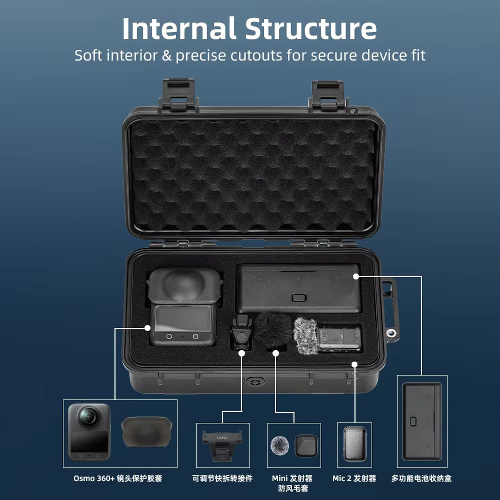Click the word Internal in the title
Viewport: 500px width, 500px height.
pos(179,28)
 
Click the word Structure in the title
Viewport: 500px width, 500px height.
pos(311,28)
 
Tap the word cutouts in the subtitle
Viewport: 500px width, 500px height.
pos(256,56)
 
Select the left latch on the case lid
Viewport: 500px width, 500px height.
pos(178,96)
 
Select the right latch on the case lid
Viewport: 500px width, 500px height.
pos(328,96)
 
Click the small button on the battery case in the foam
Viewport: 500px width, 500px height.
pos(299,298)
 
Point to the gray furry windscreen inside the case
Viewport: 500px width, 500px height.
pos(305,336)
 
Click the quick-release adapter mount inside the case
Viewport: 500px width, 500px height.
pos(242,333)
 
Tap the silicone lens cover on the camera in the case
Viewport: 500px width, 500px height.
pos(184,286)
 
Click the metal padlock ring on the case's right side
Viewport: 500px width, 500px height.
pos(391,333)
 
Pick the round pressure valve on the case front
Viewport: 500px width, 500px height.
pos(255,381)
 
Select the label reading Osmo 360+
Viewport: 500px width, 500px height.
pos(94,478)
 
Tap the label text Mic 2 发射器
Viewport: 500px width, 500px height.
pos(354,478)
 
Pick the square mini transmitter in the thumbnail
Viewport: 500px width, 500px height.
pos(306,446)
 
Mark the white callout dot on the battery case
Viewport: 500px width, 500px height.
pos(356,277)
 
